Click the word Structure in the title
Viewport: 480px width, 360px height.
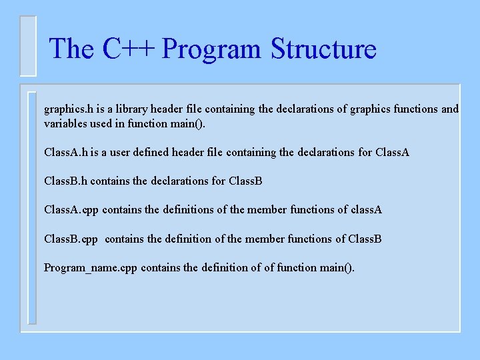(323, 49)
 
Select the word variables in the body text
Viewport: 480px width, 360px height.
(65, 123)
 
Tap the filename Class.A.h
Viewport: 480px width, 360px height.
(66, 153)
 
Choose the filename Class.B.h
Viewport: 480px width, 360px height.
(66, 181)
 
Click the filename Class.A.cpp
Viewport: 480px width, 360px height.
(71, 210)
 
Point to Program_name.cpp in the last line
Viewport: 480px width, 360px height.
(91, 268)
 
